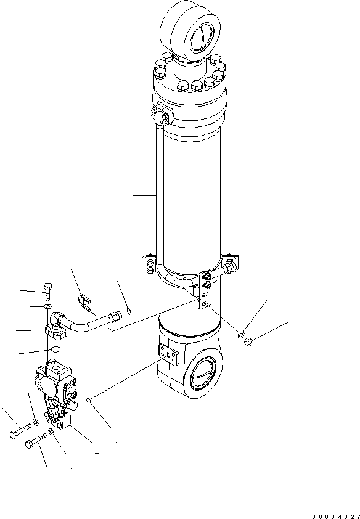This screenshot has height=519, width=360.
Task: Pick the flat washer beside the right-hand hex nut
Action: (240, 335)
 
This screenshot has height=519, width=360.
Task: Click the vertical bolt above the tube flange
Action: (49, 290)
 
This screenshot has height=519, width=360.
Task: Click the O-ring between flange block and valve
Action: (55, 350)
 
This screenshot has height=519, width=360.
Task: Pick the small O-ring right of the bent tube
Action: (128, 309)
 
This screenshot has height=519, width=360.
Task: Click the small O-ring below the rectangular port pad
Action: (90, 401)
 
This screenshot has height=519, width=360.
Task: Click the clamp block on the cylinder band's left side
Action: (149, 263)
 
